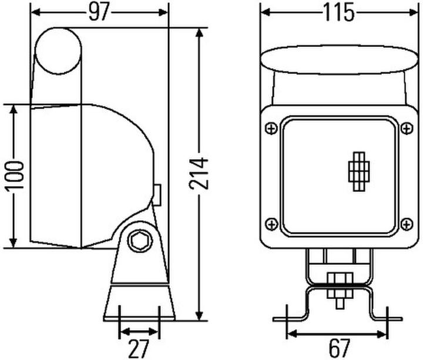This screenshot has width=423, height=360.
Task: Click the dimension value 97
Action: pos(99,12)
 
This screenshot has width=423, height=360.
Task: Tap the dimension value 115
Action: pos(339,12)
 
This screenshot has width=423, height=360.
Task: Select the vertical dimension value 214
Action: pos(199,174)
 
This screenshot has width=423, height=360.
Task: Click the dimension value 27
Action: pos(139,348)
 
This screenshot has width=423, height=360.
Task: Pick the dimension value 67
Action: pos(340,348)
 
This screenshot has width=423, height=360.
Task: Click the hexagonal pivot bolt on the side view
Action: pos(140,241)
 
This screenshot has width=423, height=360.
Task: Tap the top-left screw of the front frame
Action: pos(271,128)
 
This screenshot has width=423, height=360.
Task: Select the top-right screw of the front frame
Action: pos(407,128)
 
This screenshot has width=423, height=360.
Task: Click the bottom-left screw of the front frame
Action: pos(271,224)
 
